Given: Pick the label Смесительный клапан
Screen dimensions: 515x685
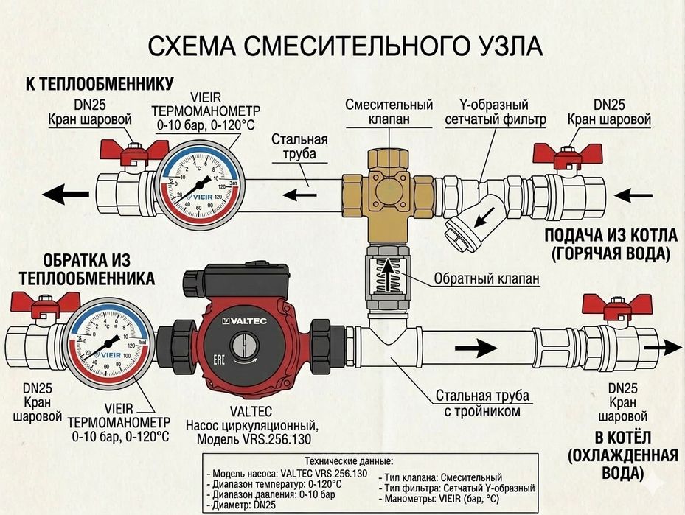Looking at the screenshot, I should click(389, 112).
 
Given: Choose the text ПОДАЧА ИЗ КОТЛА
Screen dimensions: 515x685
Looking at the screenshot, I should click(610, 237).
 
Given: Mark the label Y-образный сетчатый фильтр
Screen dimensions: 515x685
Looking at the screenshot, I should click(496, 112).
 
